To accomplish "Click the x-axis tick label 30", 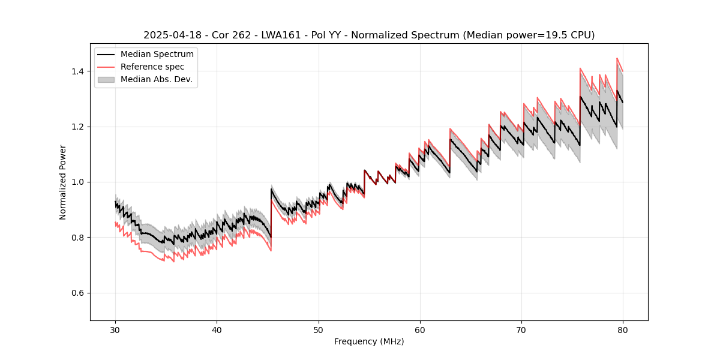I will (116, 329).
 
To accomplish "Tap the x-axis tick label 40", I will (217, 329).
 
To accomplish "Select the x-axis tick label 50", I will (319, 329).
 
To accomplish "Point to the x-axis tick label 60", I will (420, 329).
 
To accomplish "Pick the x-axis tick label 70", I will (521, 329).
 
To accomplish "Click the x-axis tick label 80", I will (623, 329).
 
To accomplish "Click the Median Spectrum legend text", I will (157, 55).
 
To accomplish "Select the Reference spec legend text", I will (152, 67).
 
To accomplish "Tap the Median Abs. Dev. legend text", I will (157, 79).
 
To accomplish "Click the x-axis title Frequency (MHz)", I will (369, 341).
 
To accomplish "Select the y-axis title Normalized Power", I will (62, 182).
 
